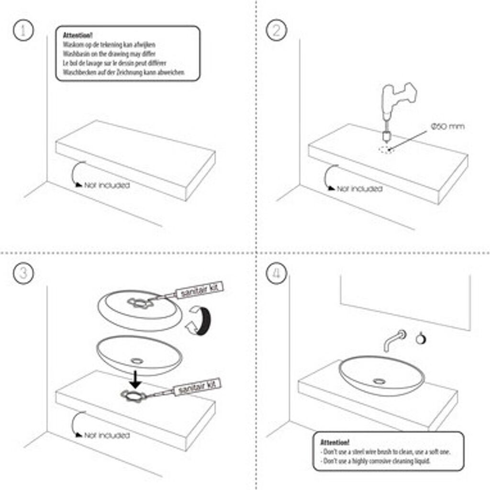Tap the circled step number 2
[276, 31]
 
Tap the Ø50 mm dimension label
[447, 127]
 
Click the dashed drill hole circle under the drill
[385, 149]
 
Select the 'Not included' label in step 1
[107, 185]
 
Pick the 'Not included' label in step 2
[359, 189]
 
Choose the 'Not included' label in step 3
[107, 435]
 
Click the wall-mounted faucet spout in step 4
[392, 340]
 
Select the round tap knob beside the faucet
[421, 339]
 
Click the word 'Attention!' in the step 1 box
[78, 35]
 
